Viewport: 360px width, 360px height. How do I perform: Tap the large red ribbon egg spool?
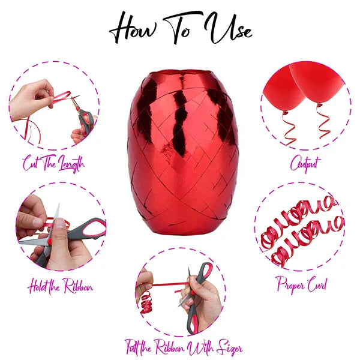tap(183, 152)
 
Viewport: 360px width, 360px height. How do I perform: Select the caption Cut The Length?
tap(53, 163)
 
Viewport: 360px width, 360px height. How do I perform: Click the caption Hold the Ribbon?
tap(61, 286)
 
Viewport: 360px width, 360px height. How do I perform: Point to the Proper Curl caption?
tap(302, 284)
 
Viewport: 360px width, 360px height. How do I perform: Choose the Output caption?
tap(305, 163)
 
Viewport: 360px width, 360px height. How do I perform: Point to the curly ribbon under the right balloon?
tap(323, 122)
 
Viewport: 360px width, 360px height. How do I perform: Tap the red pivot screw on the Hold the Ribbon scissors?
tap(49, 241)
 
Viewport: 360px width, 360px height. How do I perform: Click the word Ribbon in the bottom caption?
tap(170, 347)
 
